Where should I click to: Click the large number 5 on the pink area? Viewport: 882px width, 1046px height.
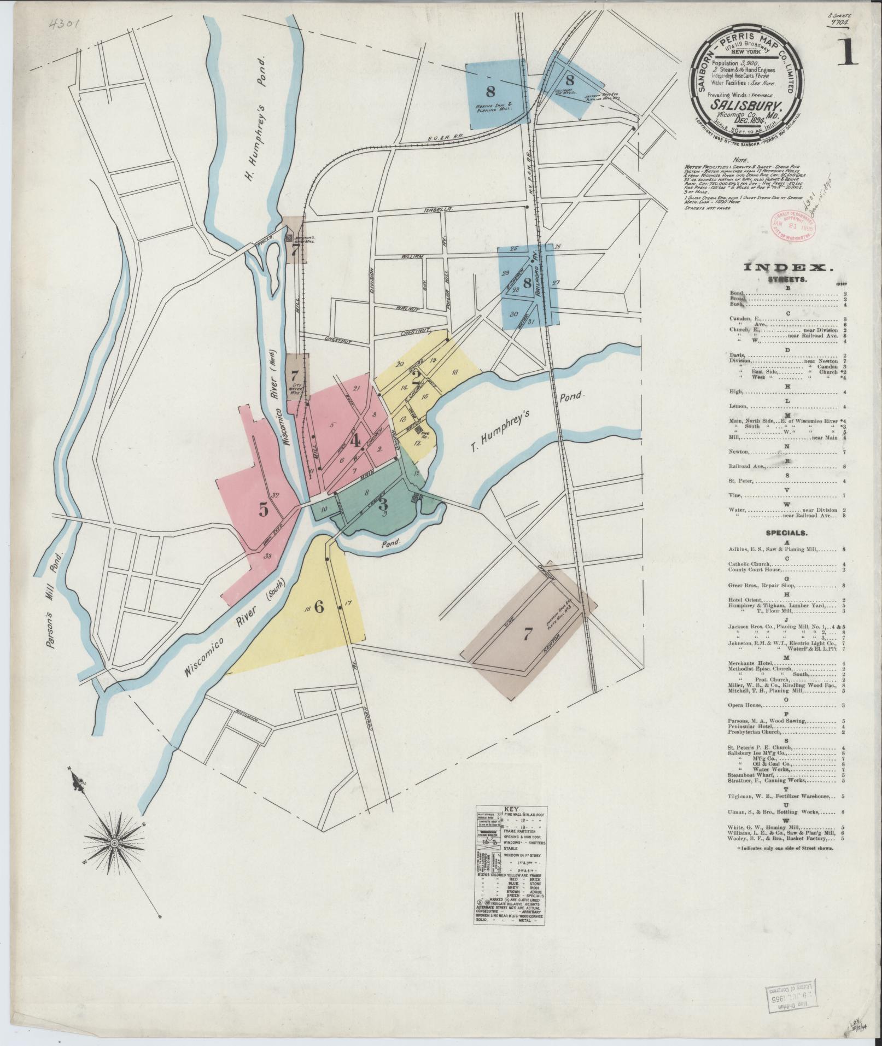click(264, 510)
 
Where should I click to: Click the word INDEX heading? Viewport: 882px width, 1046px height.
click(786, 267)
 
